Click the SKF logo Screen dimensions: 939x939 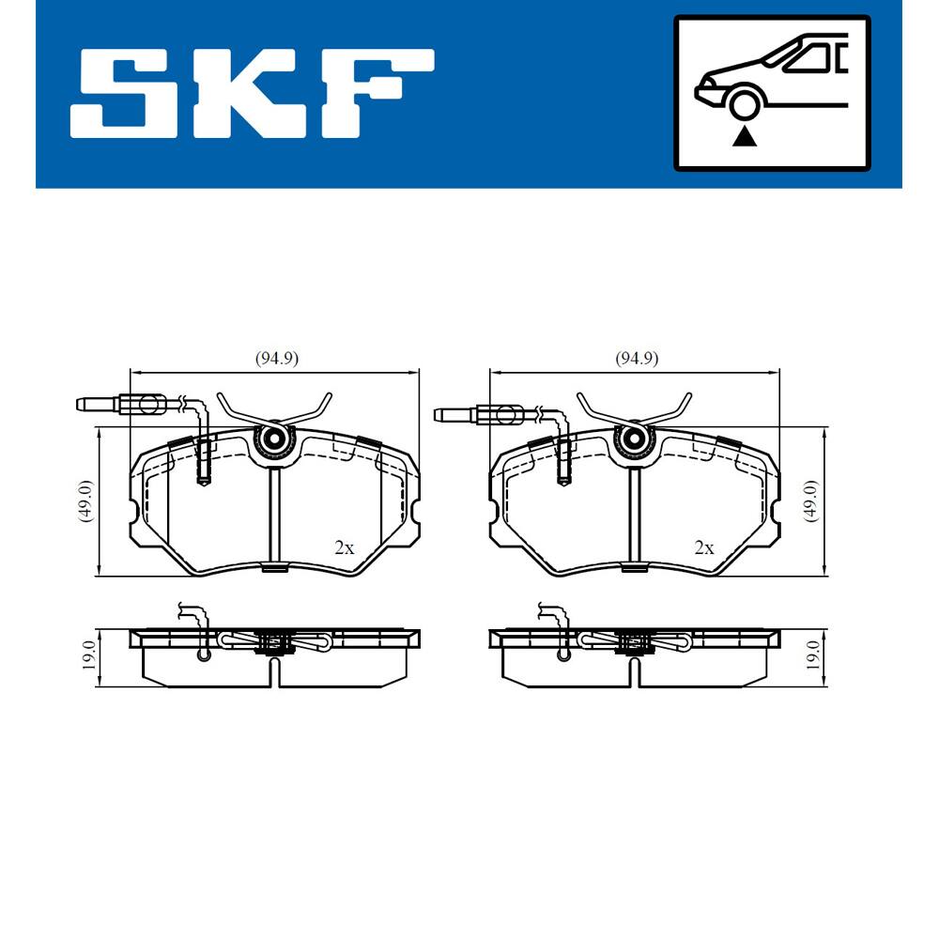[252, 93]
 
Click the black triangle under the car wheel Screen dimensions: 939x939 [745, 136]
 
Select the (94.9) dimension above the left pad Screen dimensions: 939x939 [277, 358]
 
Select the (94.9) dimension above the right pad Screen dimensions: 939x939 [637, 358]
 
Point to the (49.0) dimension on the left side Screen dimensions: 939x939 [85, 501]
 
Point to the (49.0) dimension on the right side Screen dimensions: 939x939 [811, 501]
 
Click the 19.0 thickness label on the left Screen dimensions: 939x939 [87, 655]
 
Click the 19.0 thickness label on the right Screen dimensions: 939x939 [812, 655]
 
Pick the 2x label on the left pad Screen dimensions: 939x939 [345, 547]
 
